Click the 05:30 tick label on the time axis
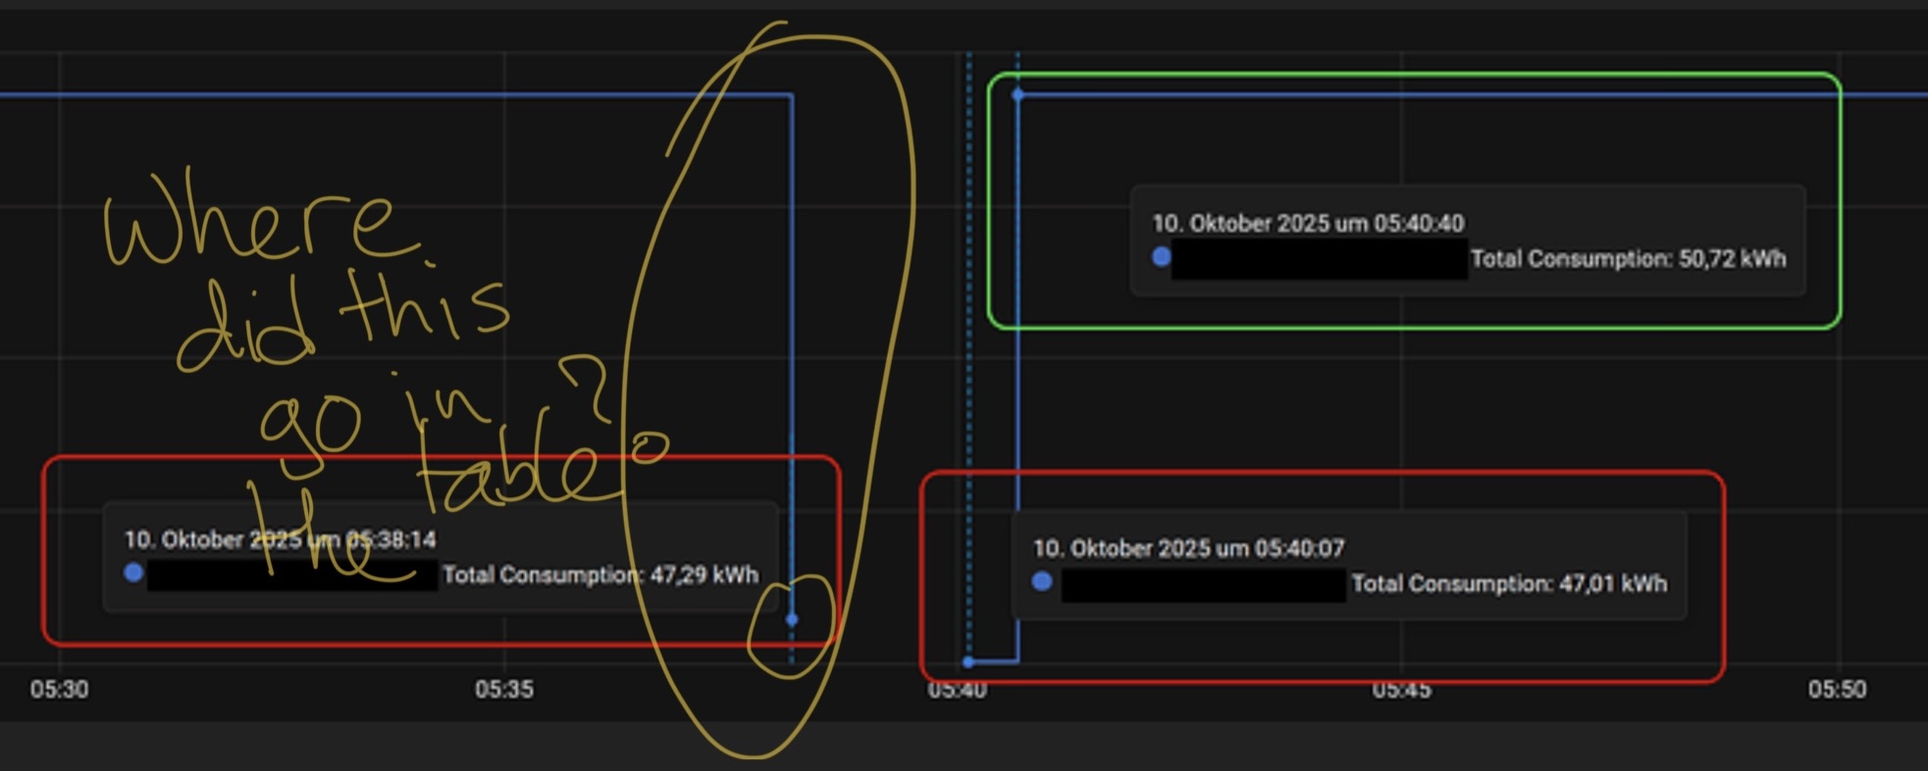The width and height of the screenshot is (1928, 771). (x=59, y=690)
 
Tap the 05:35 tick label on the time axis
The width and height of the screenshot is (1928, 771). (x=504, y=690)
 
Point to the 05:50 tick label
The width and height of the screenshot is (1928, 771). (x=1837, y=690)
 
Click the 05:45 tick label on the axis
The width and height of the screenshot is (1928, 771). (x=1401, y=690)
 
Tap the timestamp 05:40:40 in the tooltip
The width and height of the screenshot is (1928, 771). (x=1419, y=224)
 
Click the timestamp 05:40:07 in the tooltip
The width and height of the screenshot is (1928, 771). (x=1299, y=548)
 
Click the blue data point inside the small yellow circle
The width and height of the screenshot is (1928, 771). (x=792, y=620)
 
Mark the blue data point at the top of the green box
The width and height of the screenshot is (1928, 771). (x=1017, y=95)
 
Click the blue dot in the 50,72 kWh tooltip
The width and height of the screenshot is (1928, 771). (x=1161, y=257)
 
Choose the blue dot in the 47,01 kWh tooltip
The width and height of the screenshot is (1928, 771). (x=1042, y=582)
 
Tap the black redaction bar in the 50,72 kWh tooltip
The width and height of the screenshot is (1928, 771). (x=1319, y=259)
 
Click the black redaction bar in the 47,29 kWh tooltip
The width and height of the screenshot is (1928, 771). (x=291, y=575)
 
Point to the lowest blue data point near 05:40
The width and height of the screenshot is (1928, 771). (x=968, y=662)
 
